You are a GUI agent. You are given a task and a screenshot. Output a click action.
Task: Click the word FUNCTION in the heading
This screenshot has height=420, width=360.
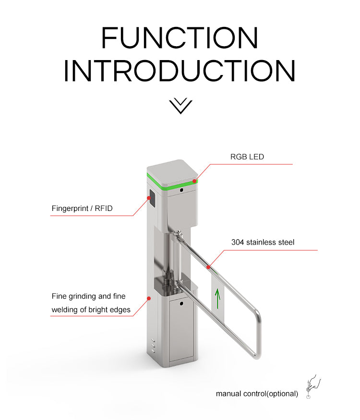tap(180, 37)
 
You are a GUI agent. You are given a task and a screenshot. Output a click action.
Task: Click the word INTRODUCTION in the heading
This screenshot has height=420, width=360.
tap(180, 71)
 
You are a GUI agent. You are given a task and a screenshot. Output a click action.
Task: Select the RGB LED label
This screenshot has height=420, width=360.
tap(247, 157)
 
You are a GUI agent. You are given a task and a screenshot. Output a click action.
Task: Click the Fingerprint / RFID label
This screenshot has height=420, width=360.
tap(82, 209)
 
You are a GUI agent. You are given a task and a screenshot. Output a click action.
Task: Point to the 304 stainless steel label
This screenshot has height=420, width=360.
tap(263, 242)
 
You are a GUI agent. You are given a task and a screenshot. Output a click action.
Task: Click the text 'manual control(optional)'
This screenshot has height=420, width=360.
tap(257, 394)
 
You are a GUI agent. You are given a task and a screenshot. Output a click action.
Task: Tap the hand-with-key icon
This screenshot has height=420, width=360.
tap(313, 386)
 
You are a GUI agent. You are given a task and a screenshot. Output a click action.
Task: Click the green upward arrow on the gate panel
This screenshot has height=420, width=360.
tap(218, 298)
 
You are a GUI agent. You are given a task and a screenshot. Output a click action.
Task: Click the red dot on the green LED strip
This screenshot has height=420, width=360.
tap(194, 181)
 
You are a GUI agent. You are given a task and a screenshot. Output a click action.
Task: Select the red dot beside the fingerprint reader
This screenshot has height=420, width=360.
tap(149, 198)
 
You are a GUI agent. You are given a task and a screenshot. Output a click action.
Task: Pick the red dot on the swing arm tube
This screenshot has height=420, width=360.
tap(208, 267)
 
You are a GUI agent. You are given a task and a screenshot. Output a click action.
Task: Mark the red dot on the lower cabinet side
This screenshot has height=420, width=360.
tap(149, 298)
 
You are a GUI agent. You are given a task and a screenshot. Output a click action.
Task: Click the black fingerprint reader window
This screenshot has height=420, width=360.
tap(152, 198)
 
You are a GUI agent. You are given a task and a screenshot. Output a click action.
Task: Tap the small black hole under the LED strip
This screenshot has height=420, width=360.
tap(181, 190)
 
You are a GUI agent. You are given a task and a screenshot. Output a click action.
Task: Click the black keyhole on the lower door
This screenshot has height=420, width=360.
tap(181, 304)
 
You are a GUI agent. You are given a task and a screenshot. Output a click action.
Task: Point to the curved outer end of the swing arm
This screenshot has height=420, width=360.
tap(258, 335)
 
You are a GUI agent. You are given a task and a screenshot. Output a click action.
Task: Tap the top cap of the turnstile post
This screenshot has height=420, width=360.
tap(172, 172)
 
